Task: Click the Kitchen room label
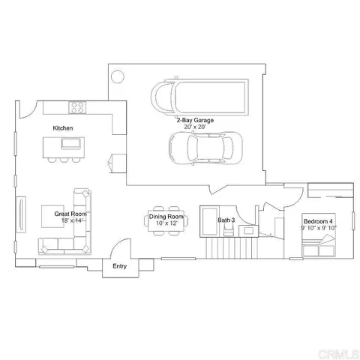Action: [62, 128]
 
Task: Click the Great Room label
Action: [70, 214]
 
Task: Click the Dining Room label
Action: [165, 217]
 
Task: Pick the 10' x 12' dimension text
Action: [165, 223]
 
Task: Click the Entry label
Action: [119, 266]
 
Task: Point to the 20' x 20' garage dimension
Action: [195, 127]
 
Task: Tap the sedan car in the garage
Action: [204, 148]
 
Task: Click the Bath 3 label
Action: [226, 220]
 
